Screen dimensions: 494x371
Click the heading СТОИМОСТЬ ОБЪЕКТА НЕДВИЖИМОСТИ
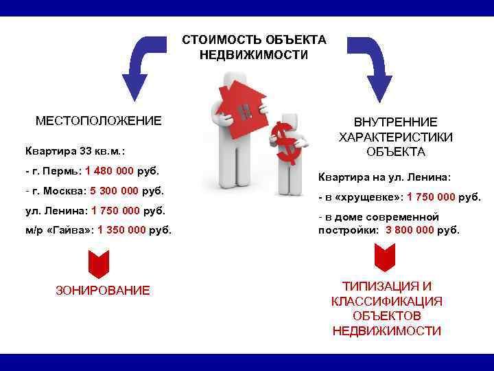[x=254, y=47]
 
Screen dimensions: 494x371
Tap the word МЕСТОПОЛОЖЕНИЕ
[x=99, y=121]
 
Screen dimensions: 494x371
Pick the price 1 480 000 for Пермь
[x=111, y=170]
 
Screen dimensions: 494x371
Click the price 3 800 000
[x=410, y=230]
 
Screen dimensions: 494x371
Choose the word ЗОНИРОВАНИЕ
[x=102, y=291]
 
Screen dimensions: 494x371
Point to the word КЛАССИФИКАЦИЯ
[x=386, y=302]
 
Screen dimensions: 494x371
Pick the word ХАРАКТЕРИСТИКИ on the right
[x=395, y=137]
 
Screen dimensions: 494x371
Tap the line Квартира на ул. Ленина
[x=384, y=177]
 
